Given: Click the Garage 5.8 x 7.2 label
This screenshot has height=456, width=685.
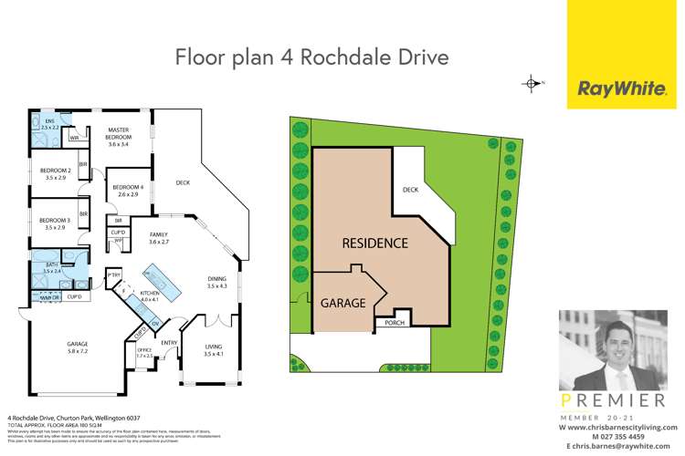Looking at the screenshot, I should [x=77, y=347].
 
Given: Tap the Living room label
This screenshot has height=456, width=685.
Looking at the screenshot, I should [x=212, y=349].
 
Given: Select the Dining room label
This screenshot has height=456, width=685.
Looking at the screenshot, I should [x=216, y=284].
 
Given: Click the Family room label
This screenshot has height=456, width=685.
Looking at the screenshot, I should [x=161, y=238].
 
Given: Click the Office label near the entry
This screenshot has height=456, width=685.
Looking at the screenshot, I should [x=144, y=353].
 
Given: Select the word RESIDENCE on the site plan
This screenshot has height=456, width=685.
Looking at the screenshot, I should [x=374, y=244].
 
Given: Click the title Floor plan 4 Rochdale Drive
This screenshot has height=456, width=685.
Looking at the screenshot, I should [x=312, y=58].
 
